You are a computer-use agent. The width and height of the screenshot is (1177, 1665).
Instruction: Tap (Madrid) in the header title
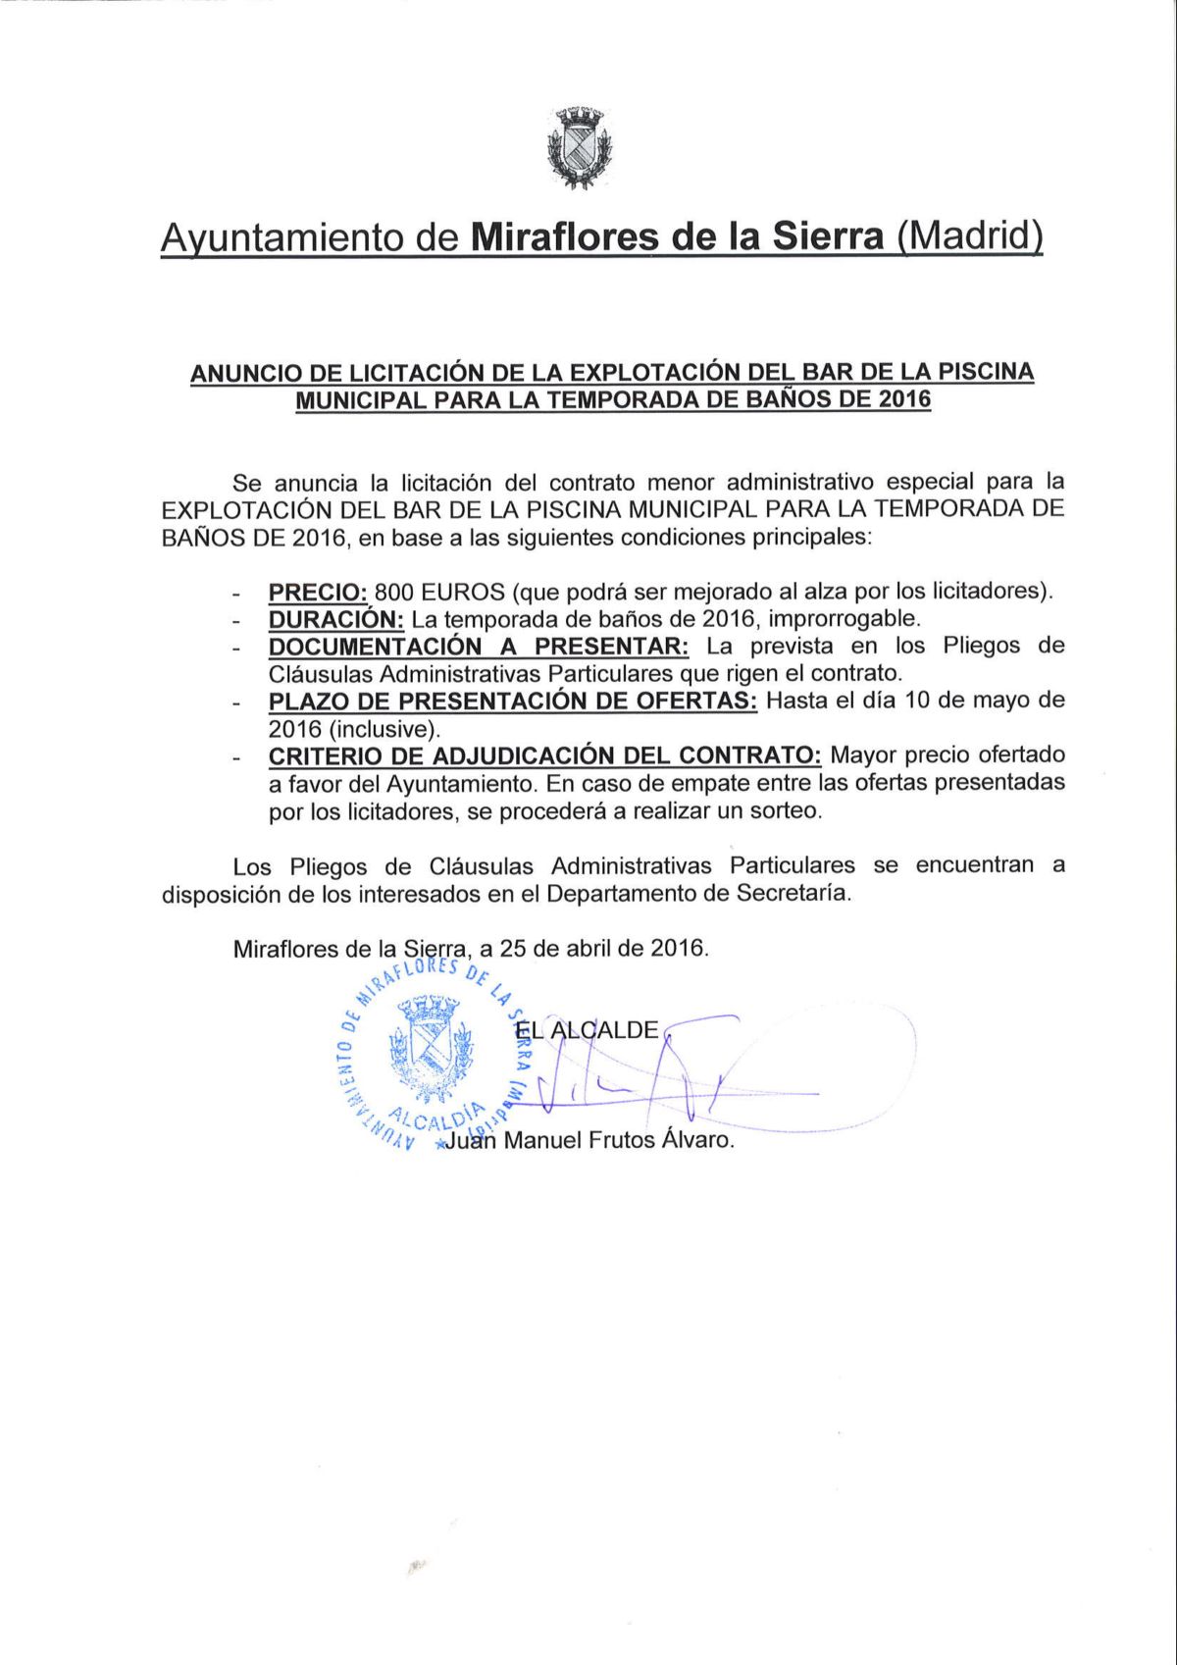tap(970, 237)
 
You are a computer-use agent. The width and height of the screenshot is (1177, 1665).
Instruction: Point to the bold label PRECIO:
tap(318, 593)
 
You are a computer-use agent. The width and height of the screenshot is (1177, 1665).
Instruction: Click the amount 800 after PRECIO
tap(394, 593)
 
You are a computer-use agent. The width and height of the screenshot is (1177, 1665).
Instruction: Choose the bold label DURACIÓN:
tap(335, 620)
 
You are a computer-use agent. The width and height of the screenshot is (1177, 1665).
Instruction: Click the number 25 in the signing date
tap(514, 949)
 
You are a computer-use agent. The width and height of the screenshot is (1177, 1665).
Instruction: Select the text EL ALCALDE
tap(588, 1030)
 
